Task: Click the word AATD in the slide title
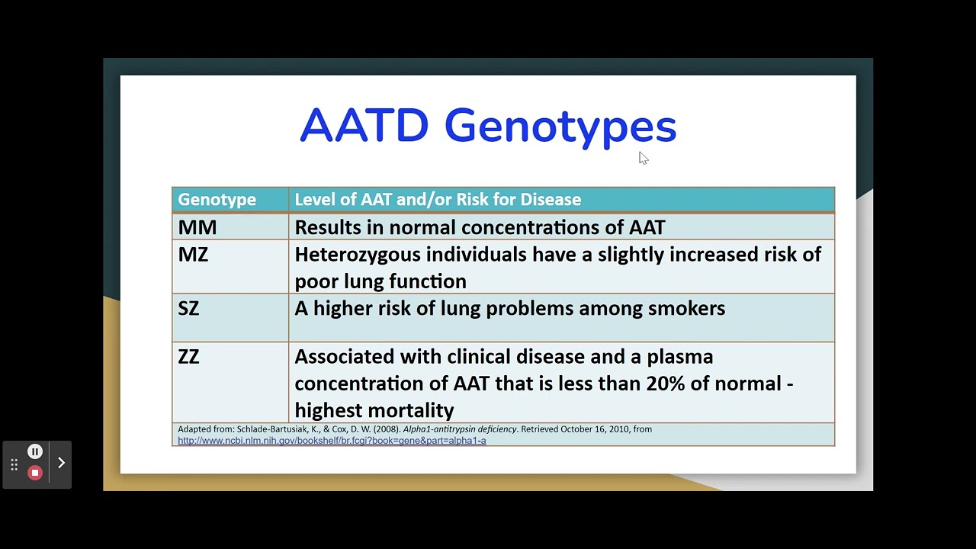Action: point(364,126)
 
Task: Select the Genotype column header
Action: point(217,200)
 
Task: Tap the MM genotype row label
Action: point(197,227)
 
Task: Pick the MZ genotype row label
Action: point(193,254)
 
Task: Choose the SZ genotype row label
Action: point(188,308)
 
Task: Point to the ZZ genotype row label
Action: point(188,356)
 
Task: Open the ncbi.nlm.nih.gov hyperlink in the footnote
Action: point(332,441)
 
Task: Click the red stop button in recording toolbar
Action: point(34,473)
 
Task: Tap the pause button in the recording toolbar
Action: point(34,451)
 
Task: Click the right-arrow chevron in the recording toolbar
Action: point(62,463)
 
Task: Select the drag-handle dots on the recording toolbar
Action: point(14,464)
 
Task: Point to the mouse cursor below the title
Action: point(643,157)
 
